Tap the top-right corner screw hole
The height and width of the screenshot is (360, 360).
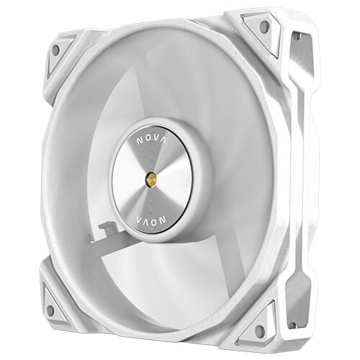click(x=264, y=27)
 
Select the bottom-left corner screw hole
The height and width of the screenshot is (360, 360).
click(x=50, y=310)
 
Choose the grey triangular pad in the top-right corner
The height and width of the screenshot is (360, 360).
click(x=259, y=29)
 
